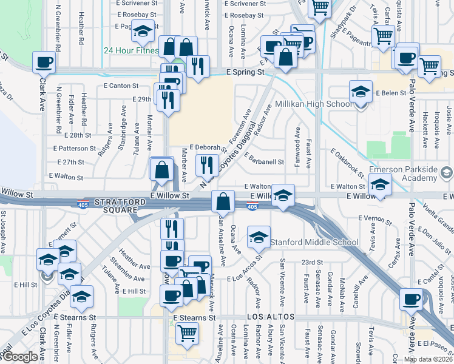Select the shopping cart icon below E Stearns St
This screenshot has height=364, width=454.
pos(187,332)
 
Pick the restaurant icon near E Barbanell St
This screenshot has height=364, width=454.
pos(207,163)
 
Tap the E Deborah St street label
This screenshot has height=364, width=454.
pos(206,147)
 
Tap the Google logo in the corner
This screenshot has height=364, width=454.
pos(19,357)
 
